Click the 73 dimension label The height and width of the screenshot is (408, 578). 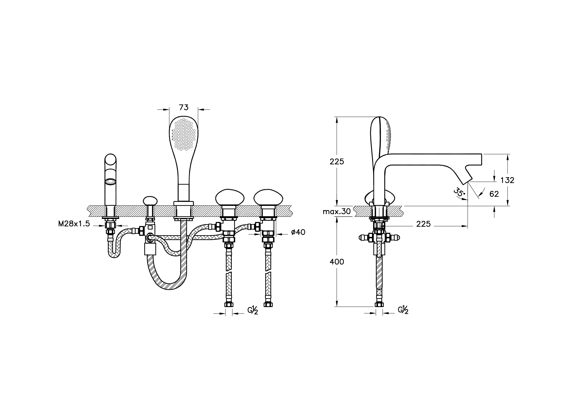pos(184,107)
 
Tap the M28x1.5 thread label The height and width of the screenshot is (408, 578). pos(74,224)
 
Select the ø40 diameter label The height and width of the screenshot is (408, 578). pos(298,232)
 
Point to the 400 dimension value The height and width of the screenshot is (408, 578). pos(337,262)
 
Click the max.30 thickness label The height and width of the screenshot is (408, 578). pos(337,211)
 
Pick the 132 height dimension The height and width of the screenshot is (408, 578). pos(507,180)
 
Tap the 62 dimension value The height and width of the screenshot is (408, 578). pos(494,194)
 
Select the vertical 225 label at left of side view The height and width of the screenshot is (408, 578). pos(337,162)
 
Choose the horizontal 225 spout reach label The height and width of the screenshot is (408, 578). pos(423,224)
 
